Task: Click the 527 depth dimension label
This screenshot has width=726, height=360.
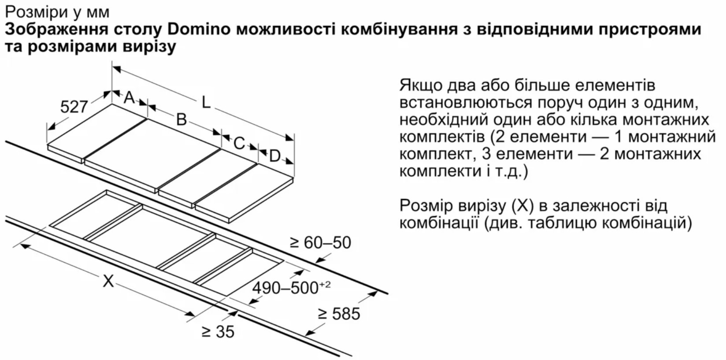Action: coord(74,107)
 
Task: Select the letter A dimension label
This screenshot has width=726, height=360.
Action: coord(130,97)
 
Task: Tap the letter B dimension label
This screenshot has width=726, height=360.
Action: coord(181,119)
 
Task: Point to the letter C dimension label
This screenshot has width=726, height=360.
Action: coord(239,143)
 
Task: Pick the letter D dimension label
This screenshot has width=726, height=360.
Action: coord(275,156)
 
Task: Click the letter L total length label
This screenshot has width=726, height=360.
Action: coord(206,103)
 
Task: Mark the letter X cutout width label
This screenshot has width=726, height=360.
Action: coord(108,281)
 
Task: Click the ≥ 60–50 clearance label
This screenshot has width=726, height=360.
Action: coord(320,243)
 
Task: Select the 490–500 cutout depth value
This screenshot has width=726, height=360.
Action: coord(285,288)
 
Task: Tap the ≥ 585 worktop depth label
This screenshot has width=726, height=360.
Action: coord(339,314)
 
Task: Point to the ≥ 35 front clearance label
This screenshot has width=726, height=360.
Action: coord(218,331)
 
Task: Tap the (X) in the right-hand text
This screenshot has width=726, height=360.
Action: coord(523,206)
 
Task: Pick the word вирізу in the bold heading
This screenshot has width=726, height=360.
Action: coord(149,47)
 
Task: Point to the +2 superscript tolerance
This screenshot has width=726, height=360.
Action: coord(325,285)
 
